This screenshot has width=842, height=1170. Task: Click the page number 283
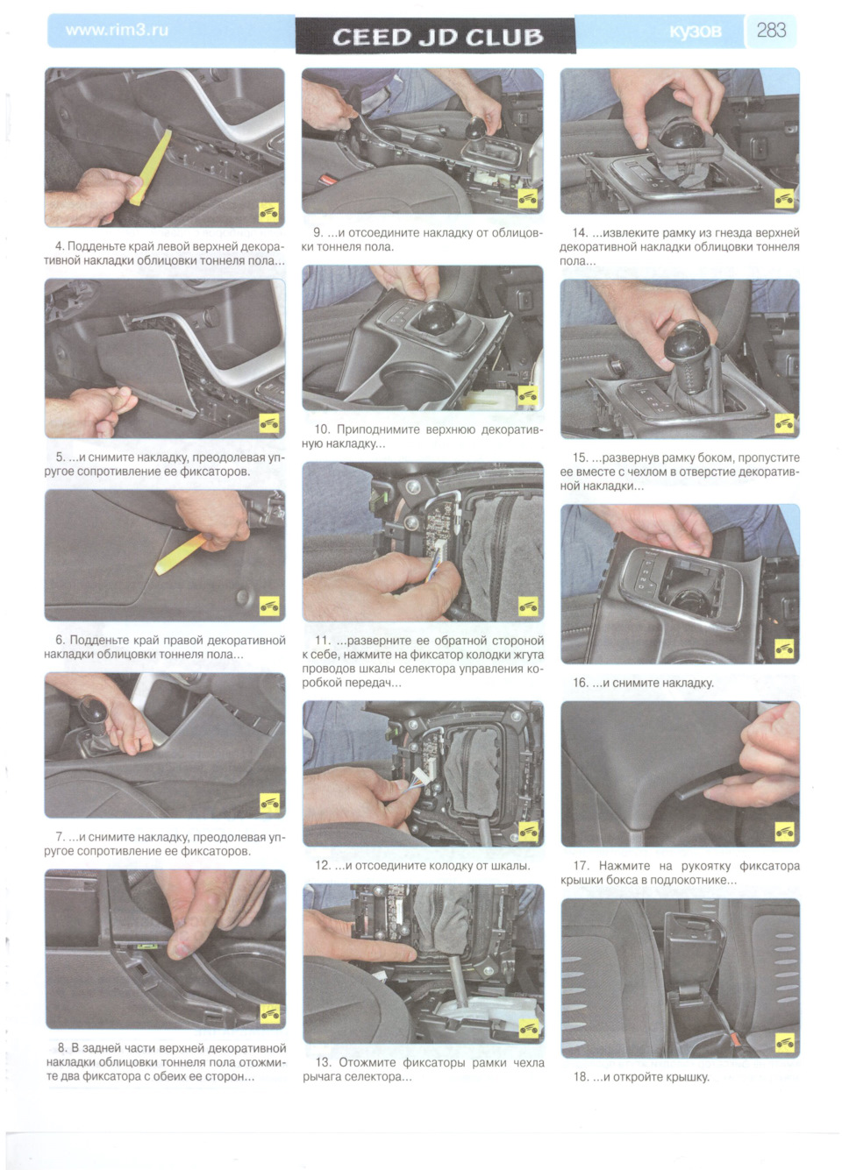pyautogui.click(x=771, y=31)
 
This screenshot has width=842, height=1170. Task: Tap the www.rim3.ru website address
pyautogui.click(x=117, y=30)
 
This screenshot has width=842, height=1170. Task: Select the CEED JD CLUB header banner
pyautogui.click(x=435, y=36)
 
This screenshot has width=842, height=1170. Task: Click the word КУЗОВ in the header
pyautogui.click(x=696, y=32)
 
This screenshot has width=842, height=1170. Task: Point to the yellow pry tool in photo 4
pyautogui.click(x=152, y=167)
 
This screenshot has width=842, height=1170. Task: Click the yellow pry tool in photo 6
pyautogui.click(x=181, y=554)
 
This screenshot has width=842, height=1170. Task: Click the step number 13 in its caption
pyautogui.click(x=324, y=1062)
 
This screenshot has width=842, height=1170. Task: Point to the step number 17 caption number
pyautogui.click(x=581, y=866)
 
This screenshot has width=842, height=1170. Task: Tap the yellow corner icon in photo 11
pyautogui.click(x=528, y=606)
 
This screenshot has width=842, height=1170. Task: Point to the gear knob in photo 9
pyautogui.click(x=476, y=127)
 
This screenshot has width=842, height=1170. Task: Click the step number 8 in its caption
pyautogui.click(x=62, y=1048)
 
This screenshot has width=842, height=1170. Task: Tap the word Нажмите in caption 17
pyautogui.click(x=622, y=866)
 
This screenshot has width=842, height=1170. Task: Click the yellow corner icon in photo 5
pyautogui.click(x=269, y=423)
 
